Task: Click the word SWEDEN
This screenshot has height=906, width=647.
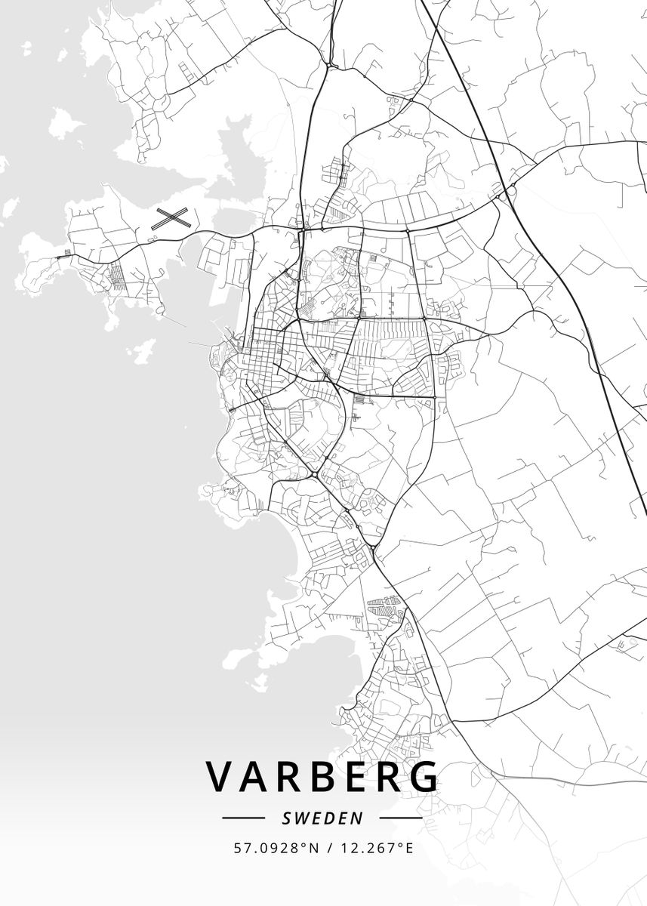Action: [x=322, y=818]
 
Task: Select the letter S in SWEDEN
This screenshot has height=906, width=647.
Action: [x=286, y=818]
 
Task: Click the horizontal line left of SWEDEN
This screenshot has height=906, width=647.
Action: [x=244, y=818]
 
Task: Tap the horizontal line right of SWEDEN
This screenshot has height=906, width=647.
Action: [x=400, y=818]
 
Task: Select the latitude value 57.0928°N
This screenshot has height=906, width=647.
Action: [x=276, y=848]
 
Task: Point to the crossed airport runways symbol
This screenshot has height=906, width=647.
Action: [x=171, y=218]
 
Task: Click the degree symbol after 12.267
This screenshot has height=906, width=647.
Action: [x=399, y=844]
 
